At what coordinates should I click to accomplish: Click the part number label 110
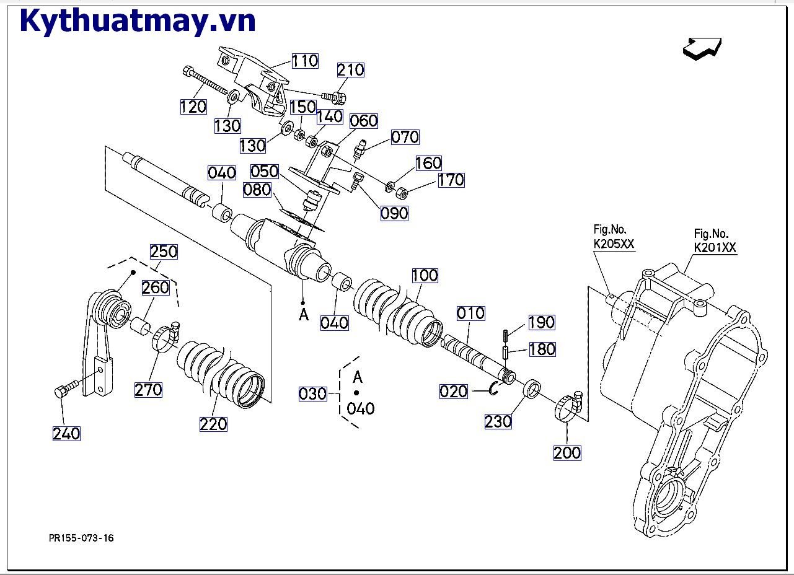coord(305,61)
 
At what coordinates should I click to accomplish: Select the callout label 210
coord(350,70)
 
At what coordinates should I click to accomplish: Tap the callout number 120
coord(193,107)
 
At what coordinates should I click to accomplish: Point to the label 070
coord(405,137)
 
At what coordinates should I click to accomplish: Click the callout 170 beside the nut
coord(451,180)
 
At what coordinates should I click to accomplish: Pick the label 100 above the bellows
coord(425,275)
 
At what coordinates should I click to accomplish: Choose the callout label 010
coord(471,314)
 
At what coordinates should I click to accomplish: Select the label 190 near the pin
coord(542,323)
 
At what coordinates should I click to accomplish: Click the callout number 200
coord(567,453)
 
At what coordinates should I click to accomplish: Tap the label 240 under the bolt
coord(66,434)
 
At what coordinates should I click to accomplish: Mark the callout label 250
coord(164,252)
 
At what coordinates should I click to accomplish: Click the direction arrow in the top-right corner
coord(702,48)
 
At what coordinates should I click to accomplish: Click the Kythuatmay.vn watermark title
coord(138,22)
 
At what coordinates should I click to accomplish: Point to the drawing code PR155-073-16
coord(81,538)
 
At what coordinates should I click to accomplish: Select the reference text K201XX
coord(715,248)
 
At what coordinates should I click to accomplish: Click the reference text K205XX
coord(614,244)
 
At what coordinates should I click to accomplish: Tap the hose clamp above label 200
coord(569,408)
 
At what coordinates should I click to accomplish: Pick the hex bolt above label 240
coord(64,390)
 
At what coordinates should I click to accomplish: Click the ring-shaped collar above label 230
coord(532,390)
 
